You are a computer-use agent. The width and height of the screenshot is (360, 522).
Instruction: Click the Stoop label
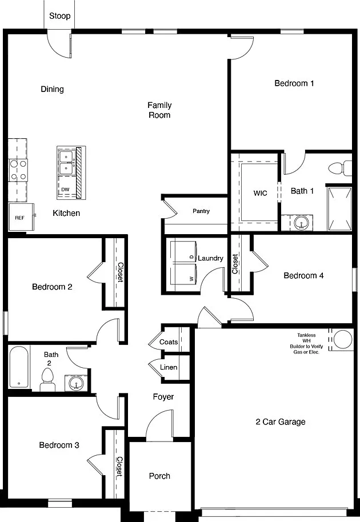pos(59,16)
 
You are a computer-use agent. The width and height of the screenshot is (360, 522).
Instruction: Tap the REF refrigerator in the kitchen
pos(21,217)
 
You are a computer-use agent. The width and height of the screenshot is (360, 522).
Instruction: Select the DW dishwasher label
pos(65,190)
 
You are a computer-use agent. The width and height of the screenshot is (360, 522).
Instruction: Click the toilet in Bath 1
pos(339,168)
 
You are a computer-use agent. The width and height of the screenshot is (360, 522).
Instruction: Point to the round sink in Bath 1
pos(301,223)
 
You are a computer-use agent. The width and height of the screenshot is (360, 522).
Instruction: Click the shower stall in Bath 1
pos(339,208)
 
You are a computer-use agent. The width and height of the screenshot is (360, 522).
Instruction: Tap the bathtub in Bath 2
pos(19,367)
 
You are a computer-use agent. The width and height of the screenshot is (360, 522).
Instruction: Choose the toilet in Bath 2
pos(48,380)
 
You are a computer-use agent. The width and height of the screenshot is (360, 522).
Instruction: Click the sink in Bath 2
pos(76,383)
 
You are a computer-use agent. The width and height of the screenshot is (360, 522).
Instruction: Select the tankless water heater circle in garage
pos(343,340)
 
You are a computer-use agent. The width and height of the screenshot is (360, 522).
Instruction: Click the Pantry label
pos(201,211)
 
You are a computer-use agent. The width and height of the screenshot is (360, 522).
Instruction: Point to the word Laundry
pos(210,258)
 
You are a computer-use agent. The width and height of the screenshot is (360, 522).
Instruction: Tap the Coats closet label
pos(169,342)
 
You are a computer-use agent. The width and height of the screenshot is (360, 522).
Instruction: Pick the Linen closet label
pos(169,367)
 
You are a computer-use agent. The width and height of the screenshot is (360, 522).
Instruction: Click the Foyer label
pos(163,397)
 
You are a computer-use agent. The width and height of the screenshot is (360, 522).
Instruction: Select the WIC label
pos(260,193)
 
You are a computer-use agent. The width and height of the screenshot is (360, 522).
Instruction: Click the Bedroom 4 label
pos(303,276)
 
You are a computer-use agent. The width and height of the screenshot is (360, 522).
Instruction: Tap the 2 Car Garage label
pos(281,422)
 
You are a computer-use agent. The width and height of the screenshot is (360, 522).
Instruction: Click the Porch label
pos(159,476)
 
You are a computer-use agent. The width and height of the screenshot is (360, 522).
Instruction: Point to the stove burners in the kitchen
pos(18,170)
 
